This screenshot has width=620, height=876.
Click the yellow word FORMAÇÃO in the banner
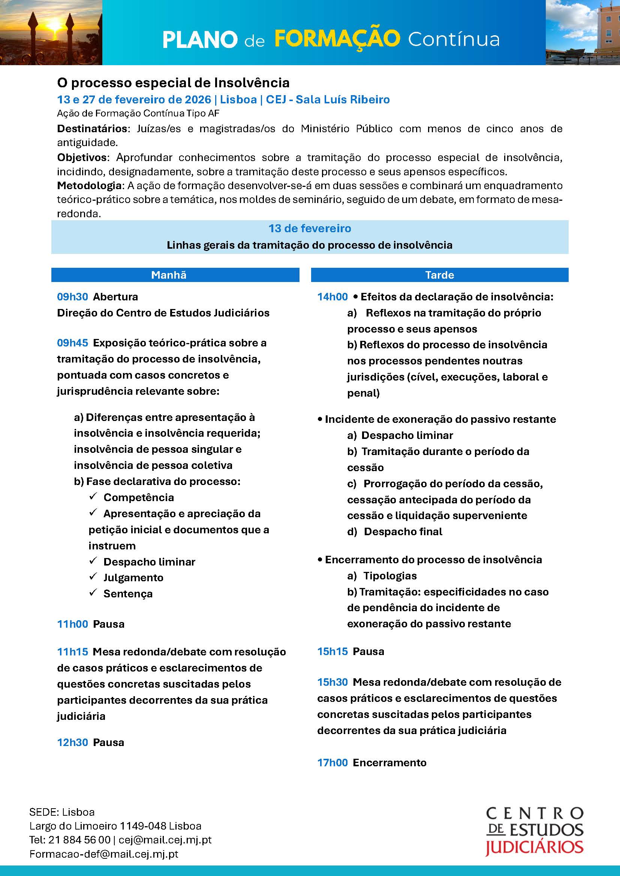pyautogui.click(x=337, y=39)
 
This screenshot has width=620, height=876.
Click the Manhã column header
pyautogui.click(x=169, y=275)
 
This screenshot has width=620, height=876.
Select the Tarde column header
pyautogui.click(x=439, y=275)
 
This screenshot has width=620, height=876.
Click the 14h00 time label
pyautogui.click(x=332, y=297)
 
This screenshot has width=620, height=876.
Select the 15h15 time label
pyautogui.click(x=332, y=651)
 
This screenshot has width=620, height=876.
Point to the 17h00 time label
pyautogui.click(x=332, y=763)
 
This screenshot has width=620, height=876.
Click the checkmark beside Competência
pyautogui.click(x=93, y=496)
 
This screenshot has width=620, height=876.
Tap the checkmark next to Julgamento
pyautogui.click(x=93, y=576)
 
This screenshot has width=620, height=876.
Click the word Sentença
pyautogui.click(x=128, y=594)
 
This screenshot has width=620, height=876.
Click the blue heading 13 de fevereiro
pyautogui.click(x=310, y=228)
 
